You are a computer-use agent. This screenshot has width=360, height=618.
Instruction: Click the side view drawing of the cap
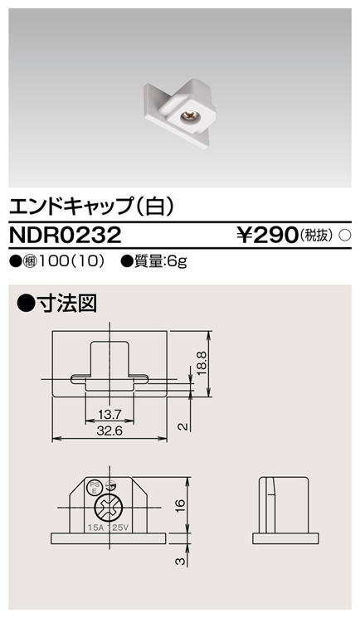pyautogui.click(x=283, y=509)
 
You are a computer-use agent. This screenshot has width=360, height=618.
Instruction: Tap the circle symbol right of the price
pyautogui.click(x=346, y=236)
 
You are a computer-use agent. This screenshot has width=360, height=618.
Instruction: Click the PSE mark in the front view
pyautogui.click(x=95, y=488)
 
